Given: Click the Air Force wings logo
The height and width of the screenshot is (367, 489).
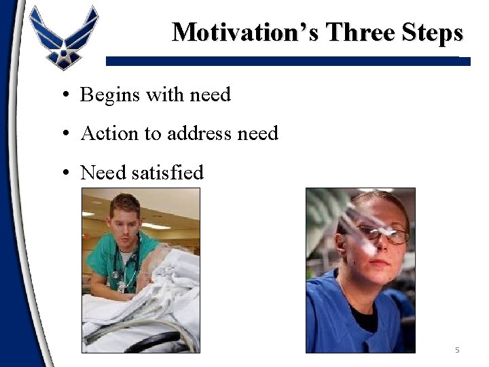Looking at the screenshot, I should pos(64,37).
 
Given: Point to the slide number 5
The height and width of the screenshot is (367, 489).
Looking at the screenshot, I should pos(457,350).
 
